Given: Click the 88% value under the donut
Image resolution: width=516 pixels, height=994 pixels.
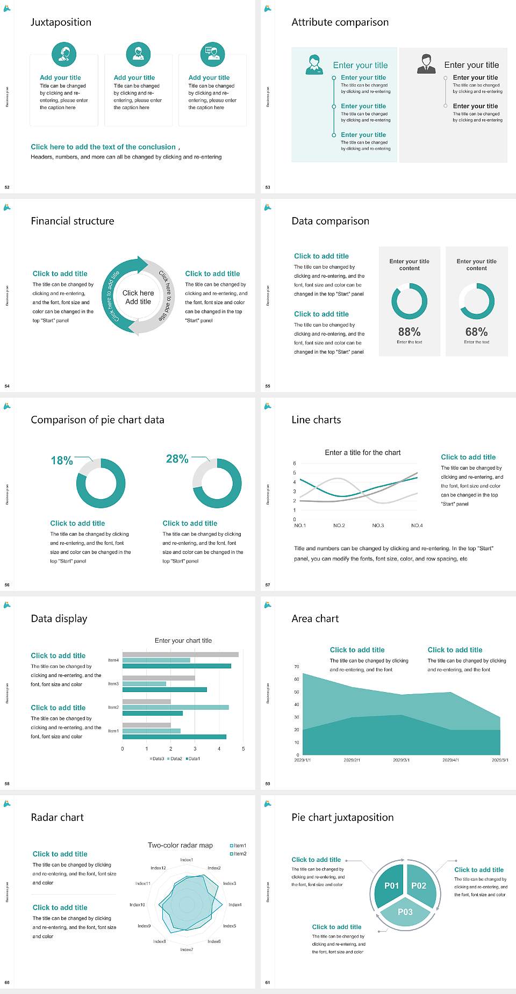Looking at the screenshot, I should [409, 332].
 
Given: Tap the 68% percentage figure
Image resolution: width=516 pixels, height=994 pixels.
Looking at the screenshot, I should [476, 332].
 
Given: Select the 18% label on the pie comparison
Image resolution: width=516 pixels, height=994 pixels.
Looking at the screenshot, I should [62, 460].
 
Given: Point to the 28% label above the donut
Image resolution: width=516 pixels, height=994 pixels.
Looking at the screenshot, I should [177, 459].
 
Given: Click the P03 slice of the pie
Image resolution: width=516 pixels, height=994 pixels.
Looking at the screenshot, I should [405, 912].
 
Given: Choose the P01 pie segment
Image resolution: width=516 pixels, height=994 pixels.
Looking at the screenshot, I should [391, 885].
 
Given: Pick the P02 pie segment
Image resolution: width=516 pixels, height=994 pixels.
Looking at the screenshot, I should [419, 885].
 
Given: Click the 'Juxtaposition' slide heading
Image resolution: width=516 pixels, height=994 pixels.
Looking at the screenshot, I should [61, 22].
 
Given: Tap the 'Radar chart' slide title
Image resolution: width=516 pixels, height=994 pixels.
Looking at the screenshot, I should [57, 817].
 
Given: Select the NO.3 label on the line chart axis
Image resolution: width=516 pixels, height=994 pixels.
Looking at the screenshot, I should [378, 525].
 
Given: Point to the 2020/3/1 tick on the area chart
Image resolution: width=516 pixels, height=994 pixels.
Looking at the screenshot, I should [401, 760].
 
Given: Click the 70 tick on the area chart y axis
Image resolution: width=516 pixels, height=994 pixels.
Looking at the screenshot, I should [297, 667].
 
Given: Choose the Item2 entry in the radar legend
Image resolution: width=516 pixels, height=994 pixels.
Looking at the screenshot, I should [239, 854].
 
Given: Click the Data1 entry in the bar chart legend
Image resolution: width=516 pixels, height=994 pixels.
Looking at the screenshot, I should [193, 759].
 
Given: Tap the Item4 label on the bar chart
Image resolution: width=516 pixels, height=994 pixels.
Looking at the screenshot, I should [113, 660].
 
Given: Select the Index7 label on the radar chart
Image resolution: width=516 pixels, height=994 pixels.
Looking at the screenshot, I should [187, 949].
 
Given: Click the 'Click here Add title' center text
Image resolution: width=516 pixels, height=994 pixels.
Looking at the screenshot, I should [138, 297].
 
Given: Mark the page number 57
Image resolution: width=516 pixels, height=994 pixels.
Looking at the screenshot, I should [268, 585].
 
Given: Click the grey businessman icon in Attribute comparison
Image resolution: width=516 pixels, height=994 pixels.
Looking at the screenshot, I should [426, 63].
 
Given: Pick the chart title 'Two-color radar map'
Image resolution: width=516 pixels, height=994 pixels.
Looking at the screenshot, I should [180, 845].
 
